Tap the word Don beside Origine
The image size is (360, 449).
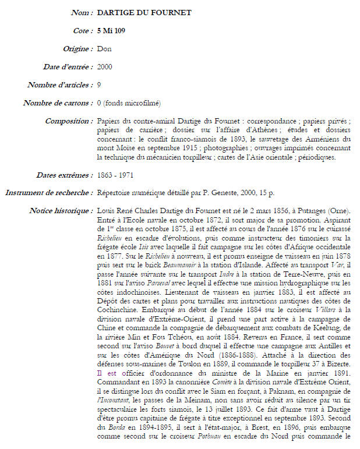pyautogui.click(x=104, y=48)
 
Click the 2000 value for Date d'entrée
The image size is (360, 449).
pyautogui.click(x=105, y=67)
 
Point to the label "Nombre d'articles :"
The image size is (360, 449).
pyautogui.click(x=60, y=85)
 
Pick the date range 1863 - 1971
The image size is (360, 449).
pyautogui.click(x=117, y=175)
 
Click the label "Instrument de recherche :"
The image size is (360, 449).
pyautogui.click(x=49, y=193)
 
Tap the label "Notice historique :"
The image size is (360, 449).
pyautogui.click(x=61, y=211)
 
